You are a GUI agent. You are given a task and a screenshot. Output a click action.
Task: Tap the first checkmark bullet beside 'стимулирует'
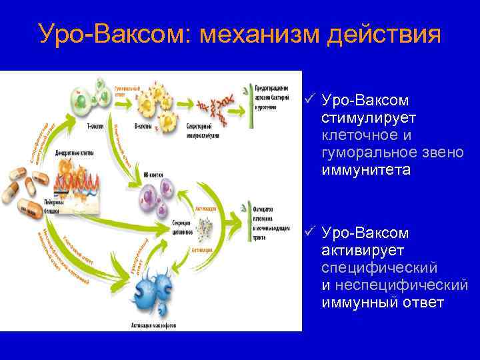click(309, 99)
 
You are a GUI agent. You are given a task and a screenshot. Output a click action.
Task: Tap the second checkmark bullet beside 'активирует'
click(309, 233)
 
